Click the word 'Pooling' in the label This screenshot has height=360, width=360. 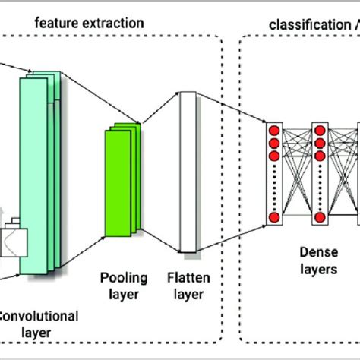tap(116, 278)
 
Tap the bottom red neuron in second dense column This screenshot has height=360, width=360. tap(320, 219)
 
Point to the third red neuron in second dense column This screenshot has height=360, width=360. tap(320, 156)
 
